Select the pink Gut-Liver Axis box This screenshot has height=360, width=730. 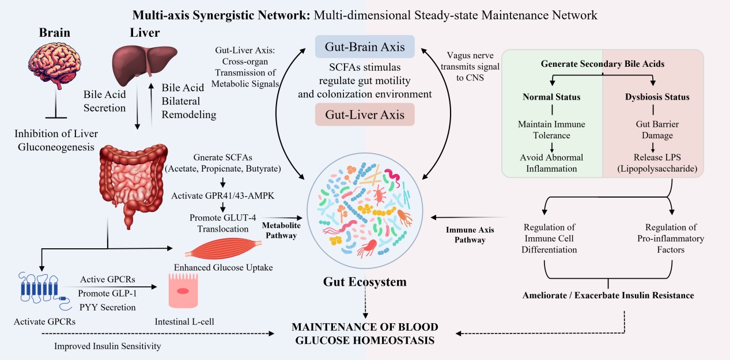[365, 115]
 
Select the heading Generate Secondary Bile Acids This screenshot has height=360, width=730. [602, 64]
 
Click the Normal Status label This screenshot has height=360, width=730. [551, 97]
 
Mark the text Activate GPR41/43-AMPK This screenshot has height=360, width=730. [222, 196]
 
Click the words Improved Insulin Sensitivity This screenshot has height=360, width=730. [107, 346]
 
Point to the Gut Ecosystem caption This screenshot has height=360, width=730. [365, 282]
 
